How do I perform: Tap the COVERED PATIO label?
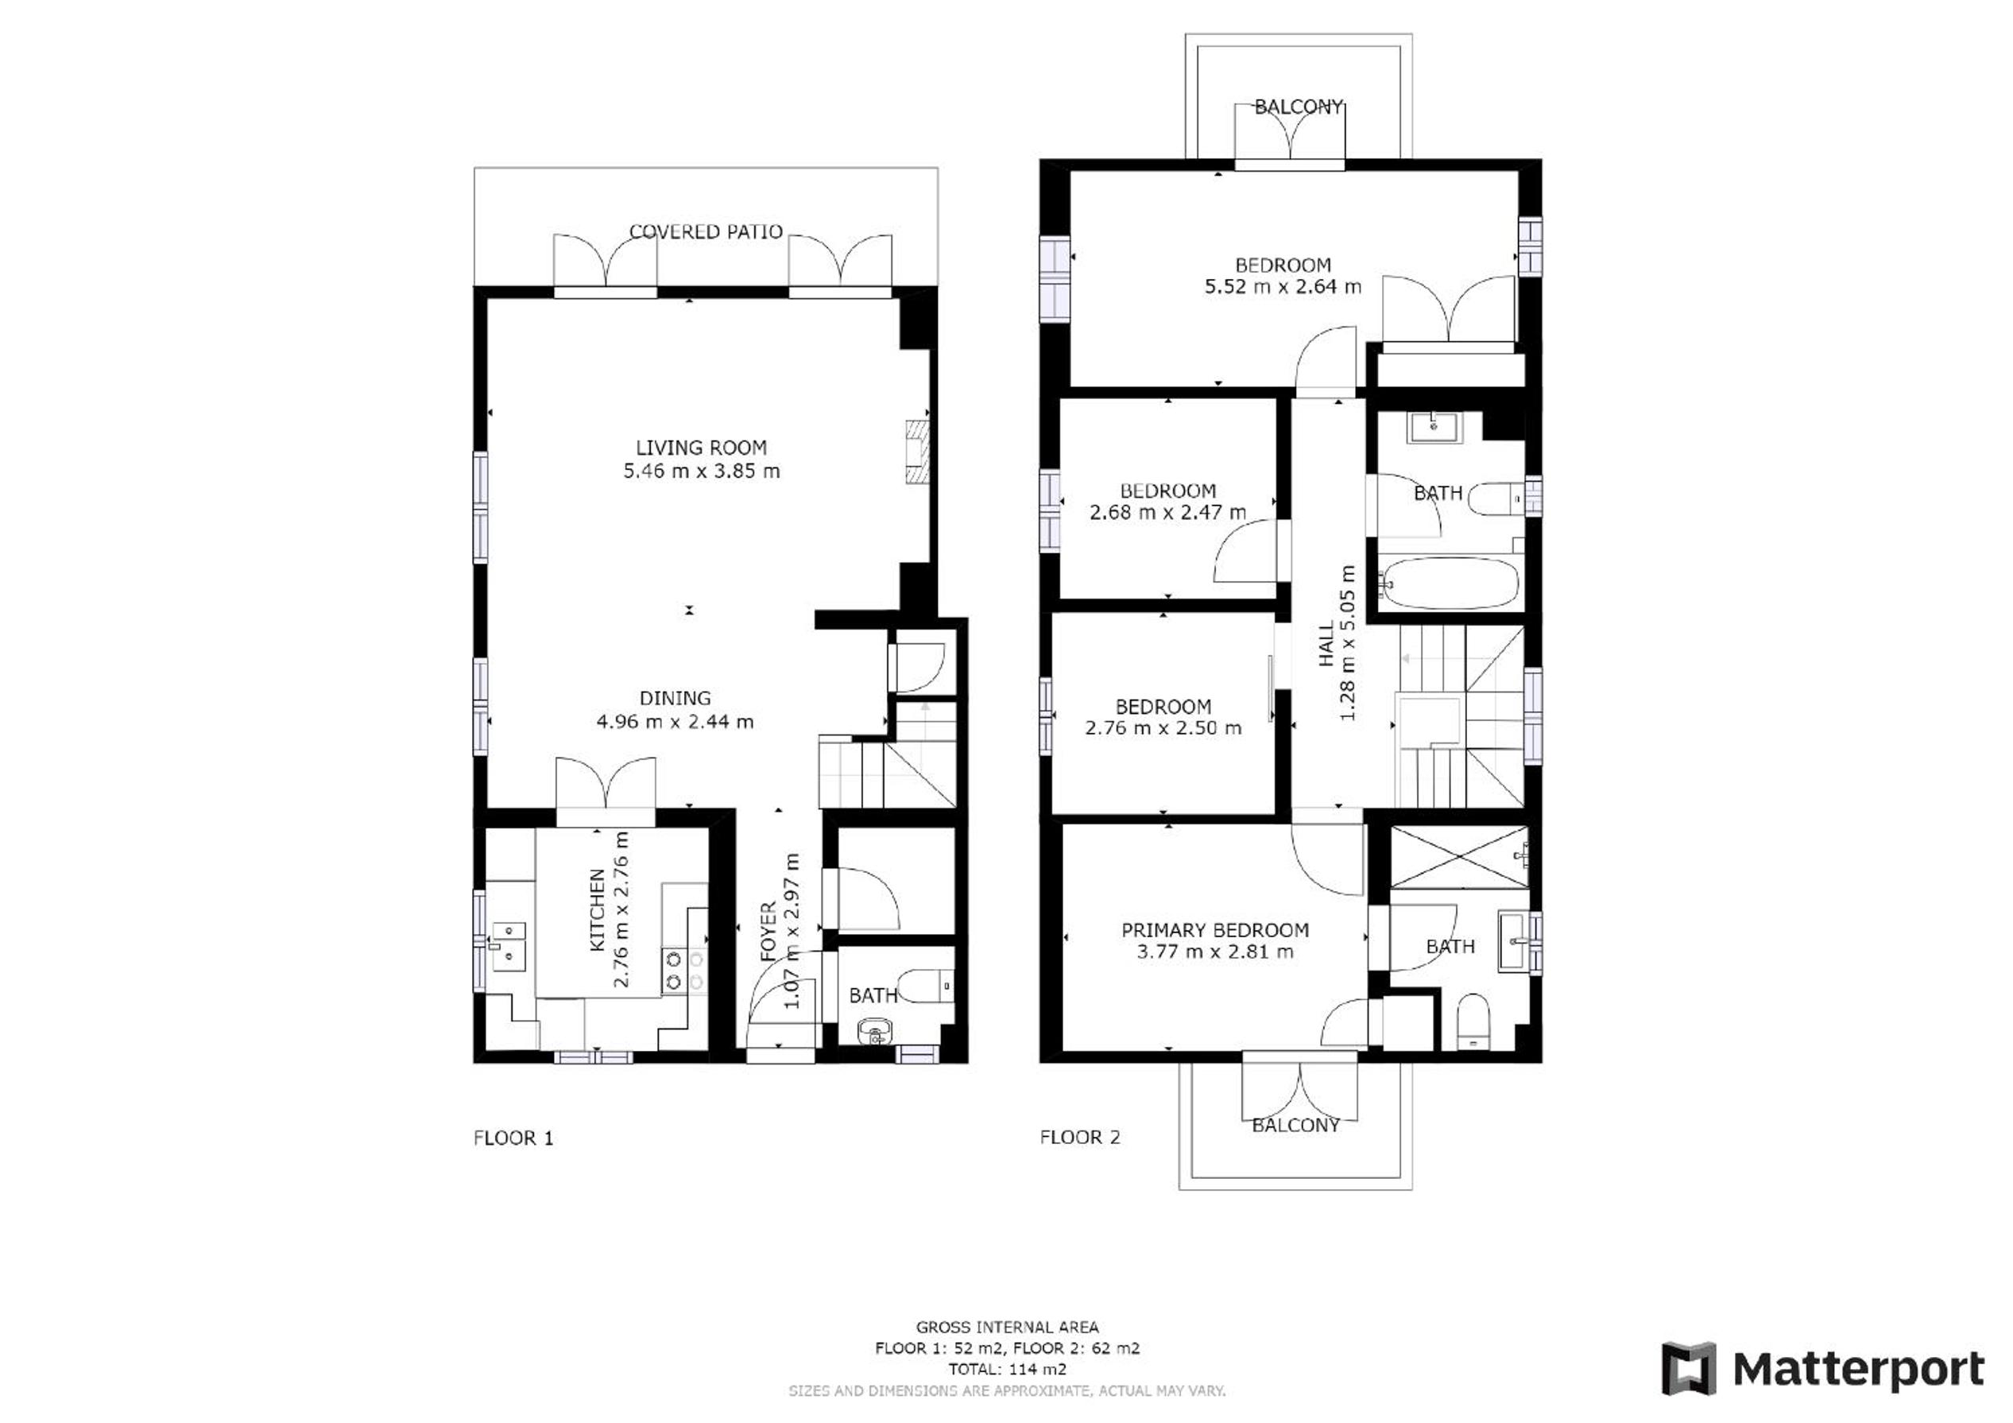706,231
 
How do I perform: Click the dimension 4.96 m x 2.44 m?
675,722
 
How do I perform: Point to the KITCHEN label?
598,910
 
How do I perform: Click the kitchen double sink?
509,946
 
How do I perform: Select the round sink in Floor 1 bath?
874,1031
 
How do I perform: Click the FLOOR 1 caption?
513,1138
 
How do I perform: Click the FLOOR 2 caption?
1080,1137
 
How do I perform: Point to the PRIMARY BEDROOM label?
1215,929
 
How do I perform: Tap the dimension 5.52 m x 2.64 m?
1283,286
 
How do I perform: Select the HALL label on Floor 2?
1326,644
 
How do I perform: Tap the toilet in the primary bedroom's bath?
1473,1021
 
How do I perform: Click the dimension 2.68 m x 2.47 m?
1167,512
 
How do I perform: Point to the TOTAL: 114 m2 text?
1008,1369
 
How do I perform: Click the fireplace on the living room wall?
917,452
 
